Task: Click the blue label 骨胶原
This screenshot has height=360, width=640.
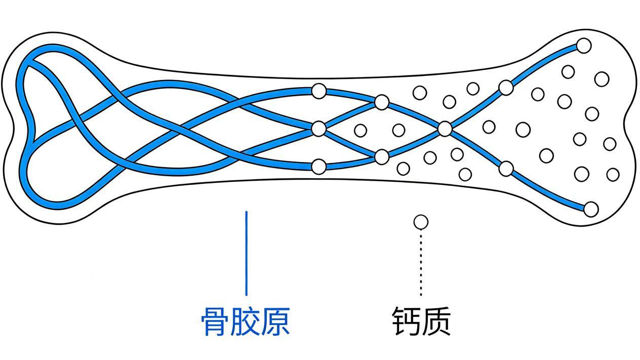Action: pos(245,321)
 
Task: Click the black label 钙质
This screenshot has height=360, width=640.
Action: pos(421,321)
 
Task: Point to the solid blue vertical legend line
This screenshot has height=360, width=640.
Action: pos(247,253)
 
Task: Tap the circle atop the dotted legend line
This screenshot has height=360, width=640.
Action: pos(421,222)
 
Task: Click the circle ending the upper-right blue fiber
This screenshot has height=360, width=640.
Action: pos(584,46)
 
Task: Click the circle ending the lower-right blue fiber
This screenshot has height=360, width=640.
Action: pos(591,209)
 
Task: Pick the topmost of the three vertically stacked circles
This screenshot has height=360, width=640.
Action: pos(318,91)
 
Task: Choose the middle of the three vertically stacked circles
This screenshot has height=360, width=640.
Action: pos(318,129)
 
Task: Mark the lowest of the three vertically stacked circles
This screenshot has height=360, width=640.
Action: pos(318,166)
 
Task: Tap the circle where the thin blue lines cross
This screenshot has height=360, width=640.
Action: pos(445,129)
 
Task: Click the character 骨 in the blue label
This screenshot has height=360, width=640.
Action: pos(216,321)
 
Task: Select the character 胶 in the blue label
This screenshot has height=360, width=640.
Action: pos(245,321)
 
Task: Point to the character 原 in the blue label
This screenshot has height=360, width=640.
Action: pos(275,321)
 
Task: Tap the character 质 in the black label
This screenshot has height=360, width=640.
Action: pos(436,321)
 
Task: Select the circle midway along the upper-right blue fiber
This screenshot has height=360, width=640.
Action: pos(506,88)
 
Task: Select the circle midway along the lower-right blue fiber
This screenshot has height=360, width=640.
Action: pos(506,169)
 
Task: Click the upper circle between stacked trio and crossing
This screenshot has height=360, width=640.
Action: pos(382,102)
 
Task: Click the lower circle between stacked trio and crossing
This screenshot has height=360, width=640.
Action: pos(382,156)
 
